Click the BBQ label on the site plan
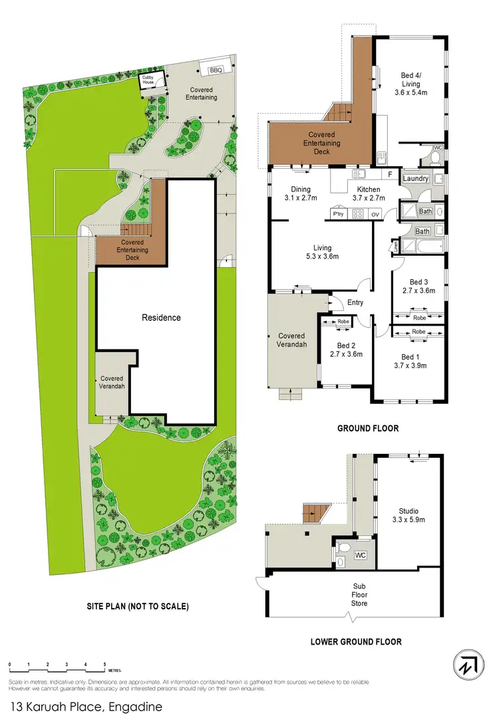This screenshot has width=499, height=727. coord(216,70)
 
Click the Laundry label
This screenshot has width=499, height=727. coord(415,179)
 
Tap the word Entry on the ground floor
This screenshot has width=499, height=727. coord(356,303)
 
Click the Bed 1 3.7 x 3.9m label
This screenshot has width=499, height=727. coord(409,361)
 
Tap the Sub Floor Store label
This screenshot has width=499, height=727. coord(360,595)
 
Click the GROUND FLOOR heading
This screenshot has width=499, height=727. coord(368,429)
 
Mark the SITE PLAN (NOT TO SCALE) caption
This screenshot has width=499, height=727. coord(138,606)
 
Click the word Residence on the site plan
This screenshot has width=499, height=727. coord(162,318)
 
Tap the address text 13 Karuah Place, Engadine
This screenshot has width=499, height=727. coord(86,708)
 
